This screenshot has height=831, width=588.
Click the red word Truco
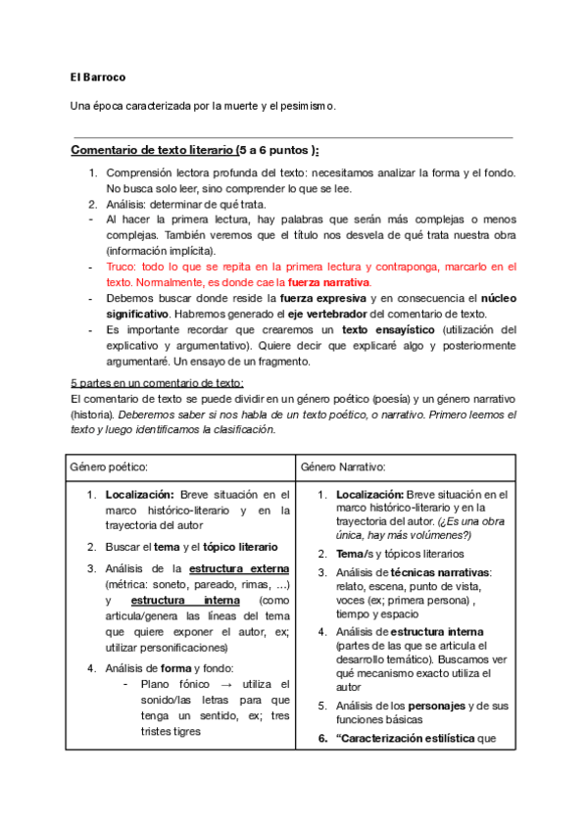click(x=122, y=266)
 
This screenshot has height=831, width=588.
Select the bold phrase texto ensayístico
click(x=383, y=328)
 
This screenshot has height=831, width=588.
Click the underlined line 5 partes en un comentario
click(x=157, y=382)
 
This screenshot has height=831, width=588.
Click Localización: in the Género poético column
click(x=140, y=495)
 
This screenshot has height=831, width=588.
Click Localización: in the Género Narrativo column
click(x=368, y=495)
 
